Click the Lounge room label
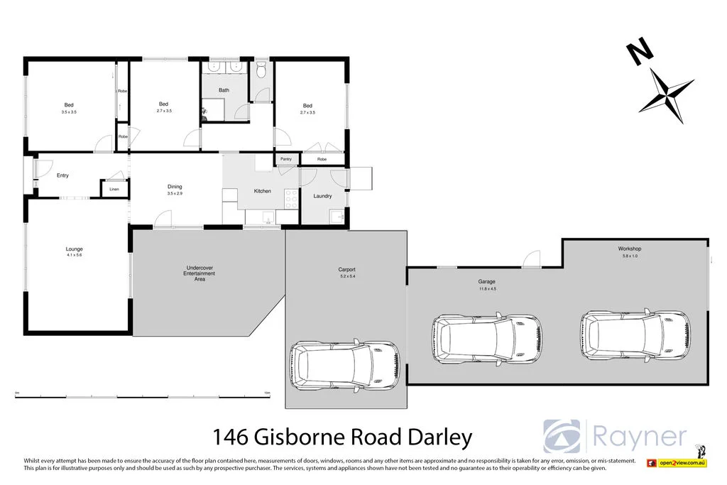75,249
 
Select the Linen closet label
114,190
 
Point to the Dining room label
175,187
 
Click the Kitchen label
263,191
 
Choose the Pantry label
286,159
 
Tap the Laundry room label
322,196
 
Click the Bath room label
224,90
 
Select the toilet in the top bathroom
262,70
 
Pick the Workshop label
629,249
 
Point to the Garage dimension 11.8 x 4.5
486,289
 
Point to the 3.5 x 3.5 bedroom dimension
69,112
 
